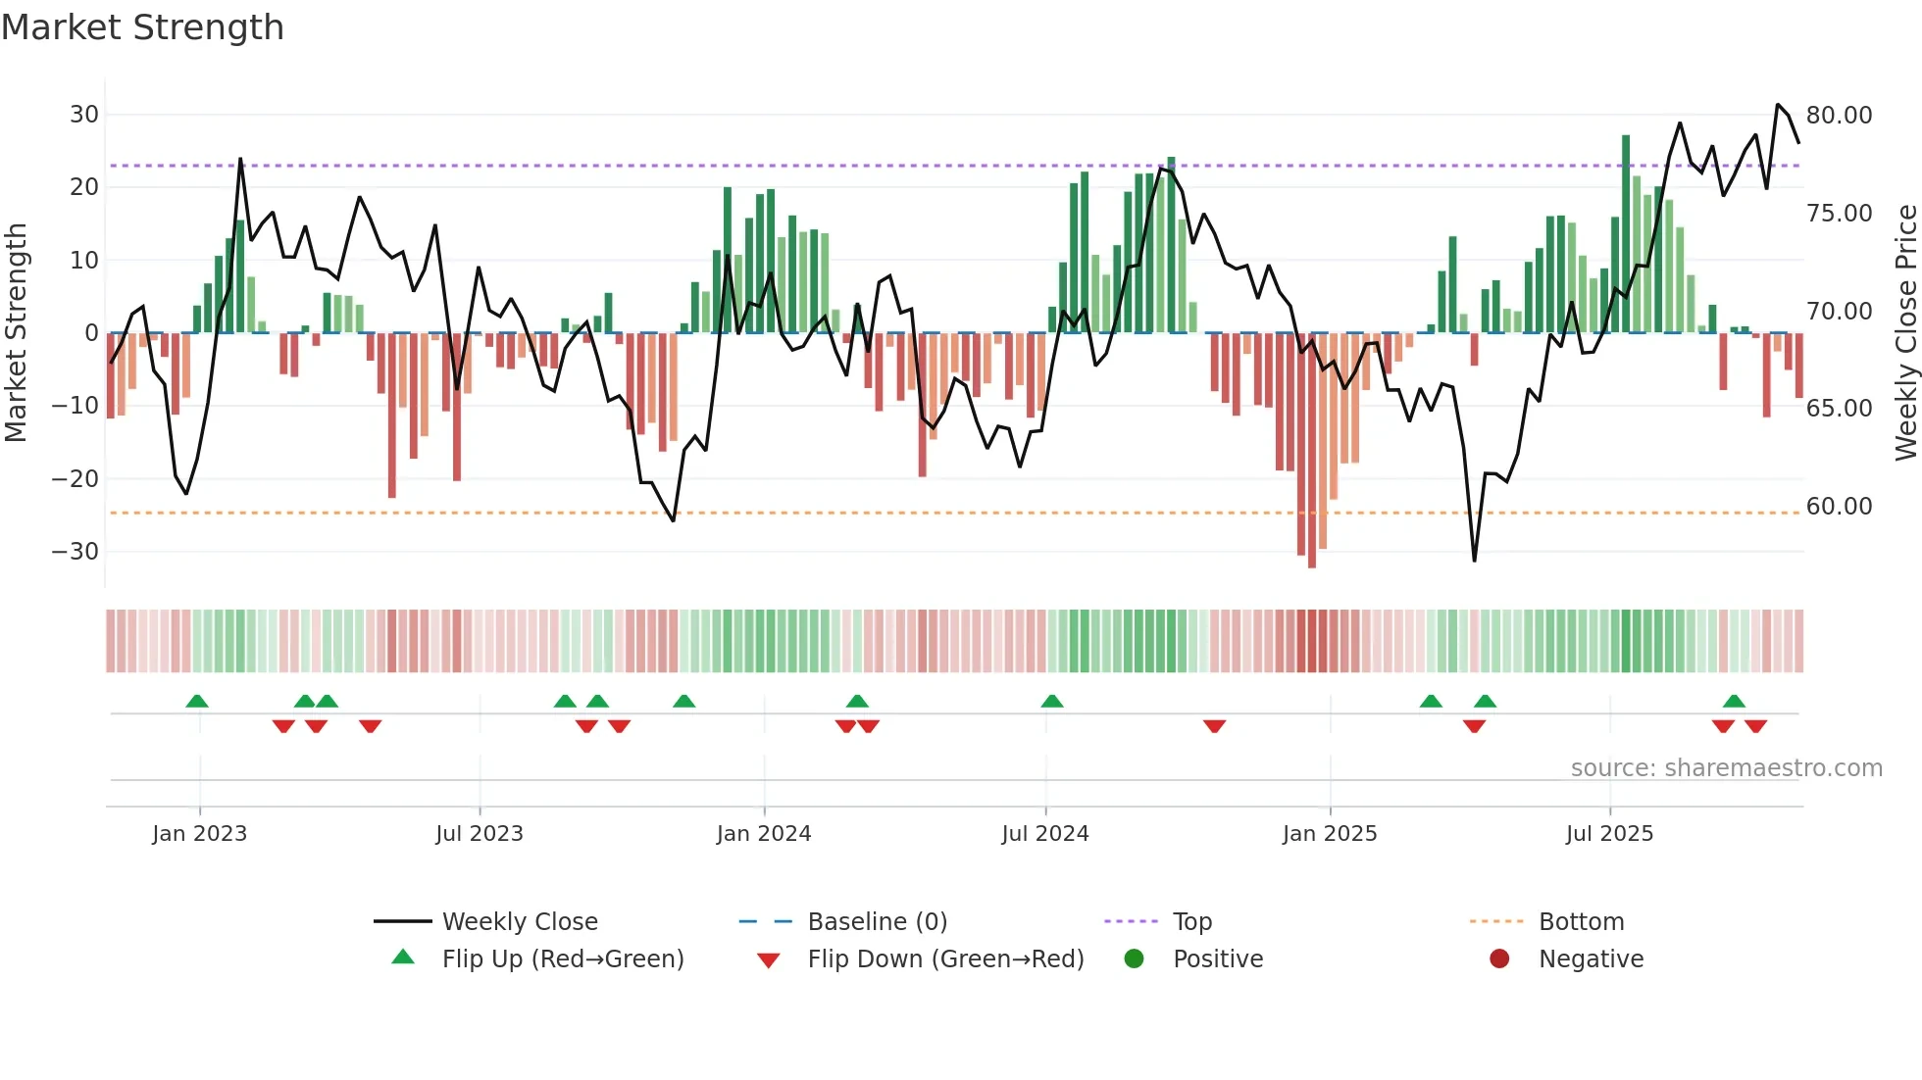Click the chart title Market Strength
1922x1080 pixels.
click(x=142, y=27)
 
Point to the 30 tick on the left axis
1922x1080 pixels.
click(x=84, y=115)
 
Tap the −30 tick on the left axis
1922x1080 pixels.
click(x=76, y=552)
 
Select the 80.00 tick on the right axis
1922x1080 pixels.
click(x=1839, y=116)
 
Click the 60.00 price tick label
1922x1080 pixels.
click(x=1839, y=507)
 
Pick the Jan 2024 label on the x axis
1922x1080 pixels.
click(x=764, y=834)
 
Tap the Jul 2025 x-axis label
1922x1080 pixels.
click(x=1609, y=834)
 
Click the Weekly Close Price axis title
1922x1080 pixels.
click(x=1905, y=333)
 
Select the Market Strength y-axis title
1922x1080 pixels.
click(x=16, y=333)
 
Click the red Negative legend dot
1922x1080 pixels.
click(x=1499, y=959)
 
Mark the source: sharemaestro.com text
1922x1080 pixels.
click(x=1726, y=768)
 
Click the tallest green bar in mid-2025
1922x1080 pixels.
click(x=1626, y=235)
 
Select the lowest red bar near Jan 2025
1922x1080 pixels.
click(x=1312, y=451)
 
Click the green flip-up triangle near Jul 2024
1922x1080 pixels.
click(x=1052, y=701)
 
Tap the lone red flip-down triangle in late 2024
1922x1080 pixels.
click(x=1214, y=726)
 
